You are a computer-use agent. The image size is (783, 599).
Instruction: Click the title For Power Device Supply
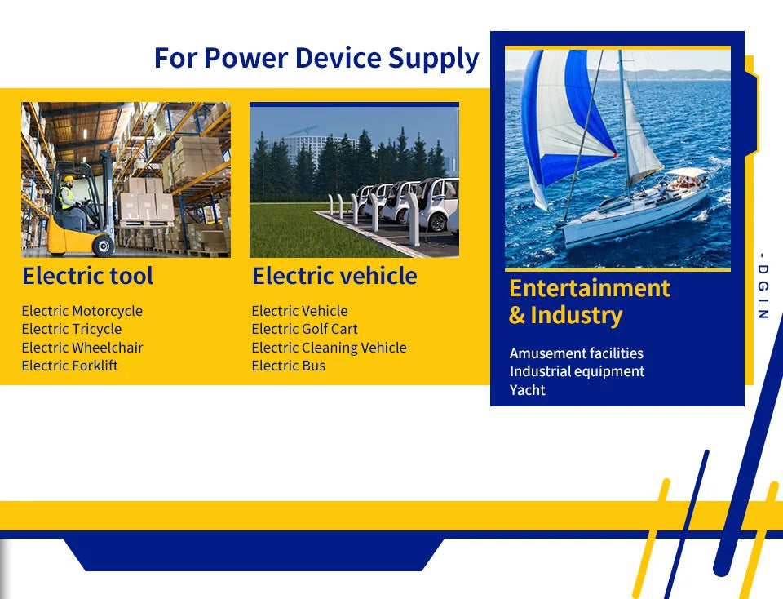pyautogui.click(x=316, y=59)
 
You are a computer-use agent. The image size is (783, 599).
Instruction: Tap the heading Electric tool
pyautogui.click(x=87, y=276)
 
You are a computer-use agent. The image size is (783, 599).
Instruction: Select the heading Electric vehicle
pyautogui.click(x=334, y=276)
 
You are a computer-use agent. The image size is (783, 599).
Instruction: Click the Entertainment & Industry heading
pyautogui.click(x=589, y=301)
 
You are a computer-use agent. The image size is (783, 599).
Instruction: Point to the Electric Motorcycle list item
pyautogui.click(x=82, y=311)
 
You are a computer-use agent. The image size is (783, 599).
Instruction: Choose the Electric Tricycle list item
pyautogui.click(x=72, y=329)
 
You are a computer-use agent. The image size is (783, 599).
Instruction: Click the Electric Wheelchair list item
pyautogui.click(x=82, y=348)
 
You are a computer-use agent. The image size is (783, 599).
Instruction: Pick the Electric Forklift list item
pyautogui.click(x=69, y=366)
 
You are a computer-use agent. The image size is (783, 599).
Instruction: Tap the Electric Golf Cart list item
pyautogui.click(x=304, y=329)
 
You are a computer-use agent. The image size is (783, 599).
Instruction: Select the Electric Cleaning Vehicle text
pyautogui.click(x=329, y=348)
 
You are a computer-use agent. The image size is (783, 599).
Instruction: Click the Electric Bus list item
pyautogui.click(x=288, y=366)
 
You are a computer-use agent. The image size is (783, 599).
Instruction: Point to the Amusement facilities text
pyautogui.click(x=576, y=353)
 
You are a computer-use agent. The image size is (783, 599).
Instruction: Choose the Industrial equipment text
pyautogui.click(x=577, y=371)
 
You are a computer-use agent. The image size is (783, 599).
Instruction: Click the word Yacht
pyautogui.click(x=527, y=390)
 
